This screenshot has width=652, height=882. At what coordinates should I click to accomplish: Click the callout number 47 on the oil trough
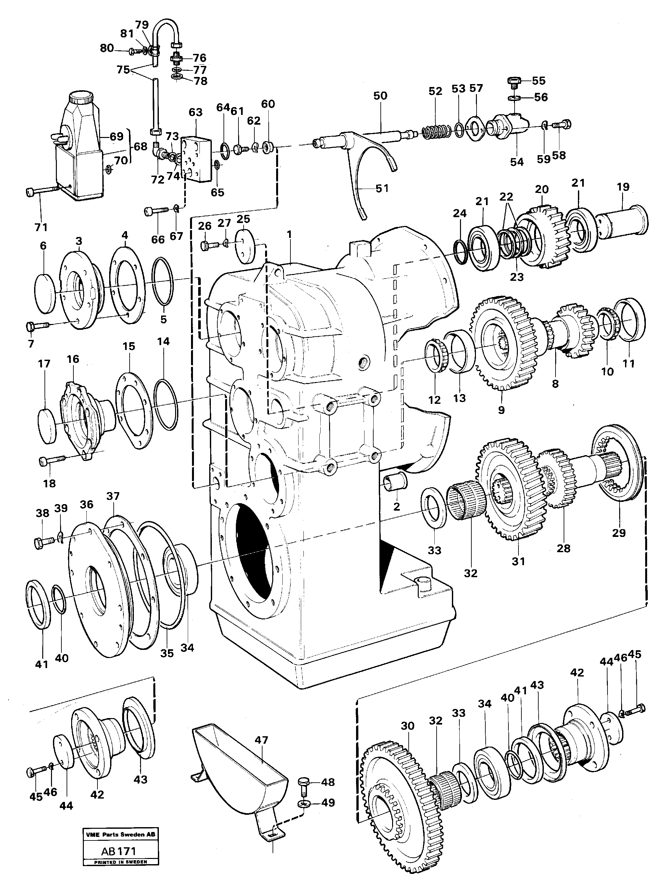tap(261, 740)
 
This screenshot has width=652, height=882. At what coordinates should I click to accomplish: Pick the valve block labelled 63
tap(197, 158)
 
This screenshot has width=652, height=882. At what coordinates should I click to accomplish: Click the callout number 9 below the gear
tap(501, 410)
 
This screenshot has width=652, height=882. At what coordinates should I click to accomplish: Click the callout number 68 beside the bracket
tap(141, 147)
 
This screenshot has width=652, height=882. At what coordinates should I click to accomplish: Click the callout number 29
tap(619, 533)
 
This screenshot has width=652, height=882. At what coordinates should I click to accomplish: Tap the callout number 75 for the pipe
tap(123, 70)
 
